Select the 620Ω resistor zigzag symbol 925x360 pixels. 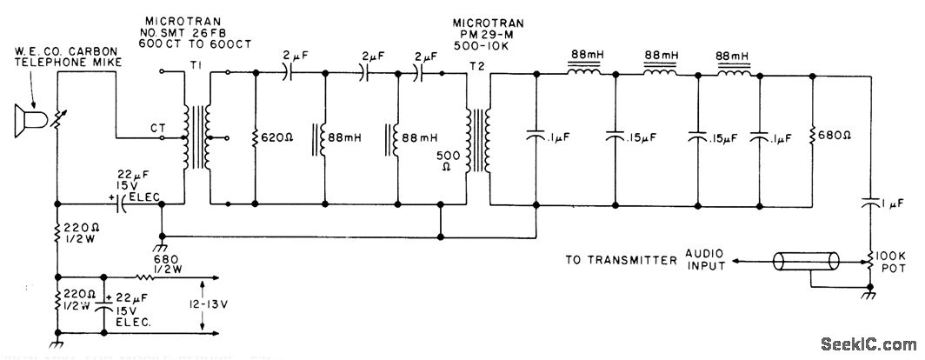point(255,137)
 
